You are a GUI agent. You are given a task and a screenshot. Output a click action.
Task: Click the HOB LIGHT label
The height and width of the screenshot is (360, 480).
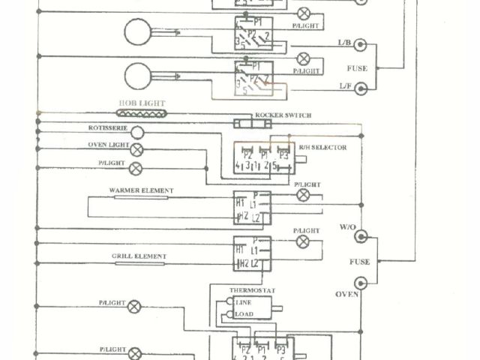[142, 103]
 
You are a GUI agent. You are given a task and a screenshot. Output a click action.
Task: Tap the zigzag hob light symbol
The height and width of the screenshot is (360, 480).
[142, 113]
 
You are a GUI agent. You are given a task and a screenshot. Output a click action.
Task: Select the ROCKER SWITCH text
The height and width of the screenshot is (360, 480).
[283, 115]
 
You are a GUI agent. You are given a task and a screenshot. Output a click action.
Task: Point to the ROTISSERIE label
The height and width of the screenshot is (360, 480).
[107, 127]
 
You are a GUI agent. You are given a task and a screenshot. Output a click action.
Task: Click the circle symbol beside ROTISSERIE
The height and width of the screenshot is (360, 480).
[137, 131]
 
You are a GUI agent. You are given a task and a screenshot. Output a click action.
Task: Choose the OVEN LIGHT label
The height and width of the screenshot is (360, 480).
[109, 145]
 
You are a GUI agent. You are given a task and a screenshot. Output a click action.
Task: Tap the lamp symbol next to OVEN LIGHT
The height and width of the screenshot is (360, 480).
[137, 149]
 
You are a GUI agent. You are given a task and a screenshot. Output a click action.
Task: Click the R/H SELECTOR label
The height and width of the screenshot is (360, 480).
[323, 148]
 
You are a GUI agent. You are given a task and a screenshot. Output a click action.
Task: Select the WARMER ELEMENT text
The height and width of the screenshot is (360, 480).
[141, 190]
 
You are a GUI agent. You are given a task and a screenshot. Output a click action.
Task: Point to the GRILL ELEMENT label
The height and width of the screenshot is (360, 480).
[139, 256]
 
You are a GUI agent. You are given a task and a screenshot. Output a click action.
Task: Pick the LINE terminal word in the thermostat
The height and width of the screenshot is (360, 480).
[244, 302]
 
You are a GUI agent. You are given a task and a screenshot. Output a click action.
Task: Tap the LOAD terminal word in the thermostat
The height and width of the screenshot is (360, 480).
[244, 314]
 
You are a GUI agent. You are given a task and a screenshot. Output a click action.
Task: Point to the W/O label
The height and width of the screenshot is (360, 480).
[346, 226]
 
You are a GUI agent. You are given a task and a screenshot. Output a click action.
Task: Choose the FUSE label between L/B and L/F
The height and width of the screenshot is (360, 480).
[357, 67]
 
